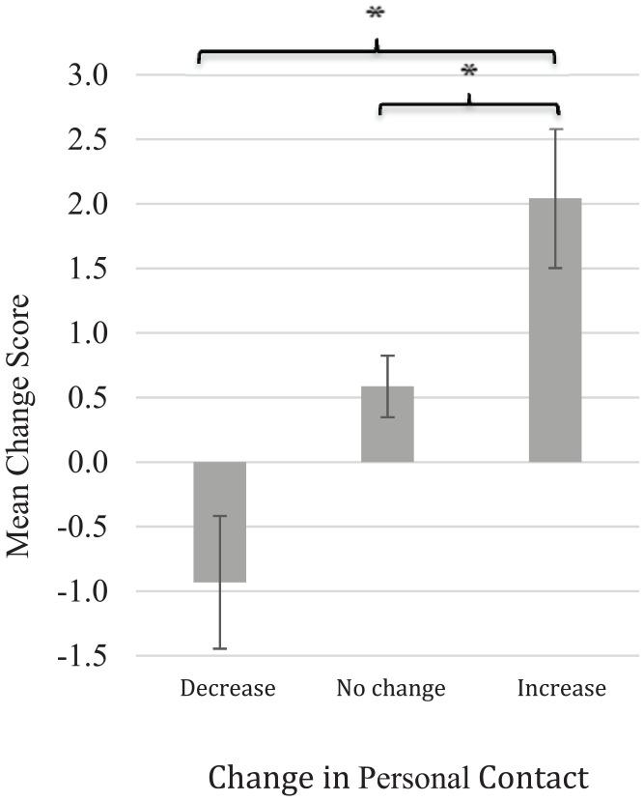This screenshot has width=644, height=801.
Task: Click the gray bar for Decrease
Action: point(220,522)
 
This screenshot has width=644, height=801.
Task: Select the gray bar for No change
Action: point(387,424)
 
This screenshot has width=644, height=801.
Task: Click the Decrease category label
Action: point(228,689)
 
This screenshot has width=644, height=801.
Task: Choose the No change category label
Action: point(391,689)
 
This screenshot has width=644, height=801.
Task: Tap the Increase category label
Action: point(561,689)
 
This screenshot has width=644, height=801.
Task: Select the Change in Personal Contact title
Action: point(398,778)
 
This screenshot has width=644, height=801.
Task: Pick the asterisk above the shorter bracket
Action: point(469,72)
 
